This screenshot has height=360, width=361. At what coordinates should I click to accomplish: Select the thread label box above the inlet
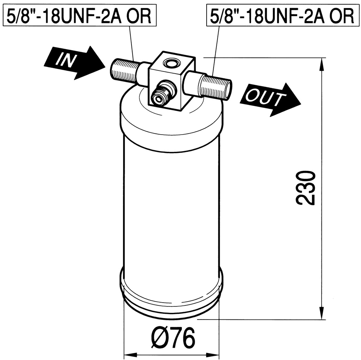[x=79, y=15]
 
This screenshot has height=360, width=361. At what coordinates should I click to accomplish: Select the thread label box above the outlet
[x=283, y=15]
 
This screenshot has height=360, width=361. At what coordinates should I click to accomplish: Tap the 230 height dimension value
[x=305, y=188]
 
